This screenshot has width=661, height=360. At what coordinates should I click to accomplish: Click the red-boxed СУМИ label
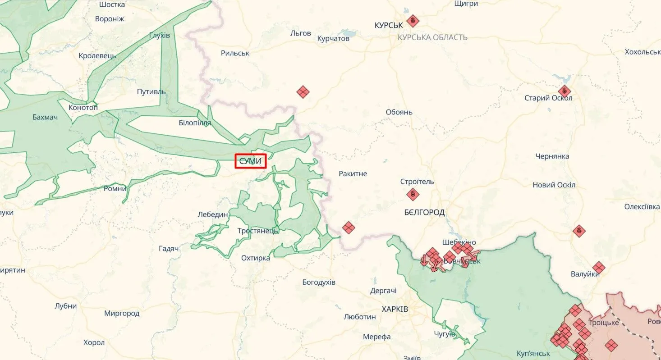point(251,161)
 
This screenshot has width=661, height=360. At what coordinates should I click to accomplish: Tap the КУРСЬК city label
point(389,26)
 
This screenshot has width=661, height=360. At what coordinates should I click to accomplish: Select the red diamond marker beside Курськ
point(413,21)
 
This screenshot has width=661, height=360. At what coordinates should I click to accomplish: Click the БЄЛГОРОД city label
point(424,212)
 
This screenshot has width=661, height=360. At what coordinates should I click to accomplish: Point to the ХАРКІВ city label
point(395,310)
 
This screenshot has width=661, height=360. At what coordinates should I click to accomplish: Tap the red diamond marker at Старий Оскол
point(564,91)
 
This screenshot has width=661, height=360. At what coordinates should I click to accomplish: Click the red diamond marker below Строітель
point(413,195)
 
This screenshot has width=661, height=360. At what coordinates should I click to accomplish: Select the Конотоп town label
point(83,108)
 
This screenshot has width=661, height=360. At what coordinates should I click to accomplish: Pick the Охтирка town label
point(256,258)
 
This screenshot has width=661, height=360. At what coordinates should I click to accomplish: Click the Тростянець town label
point(258,231)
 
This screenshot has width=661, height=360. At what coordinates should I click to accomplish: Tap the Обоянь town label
point(399,112)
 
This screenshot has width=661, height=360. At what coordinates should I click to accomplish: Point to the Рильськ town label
point(235,53)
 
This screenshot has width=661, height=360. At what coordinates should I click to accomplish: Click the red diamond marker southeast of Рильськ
point(303,92)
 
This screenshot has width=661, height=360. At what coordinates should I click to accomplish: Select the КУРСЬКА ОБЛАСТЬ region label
point(432,37)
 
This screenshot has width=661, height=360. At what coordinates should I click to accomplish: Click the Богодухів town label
point(319,283)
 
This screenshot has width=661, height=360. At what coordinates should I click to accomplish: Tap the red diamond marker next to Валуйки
point(598,268)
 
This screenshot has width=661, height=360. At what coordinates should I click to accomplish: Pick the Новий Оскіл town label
point(554,185)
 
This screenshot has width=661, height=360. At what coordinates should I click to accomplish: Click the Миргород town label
point(122,313)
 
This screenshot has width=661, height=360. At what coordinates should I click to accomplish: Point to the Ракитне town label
point(353,174)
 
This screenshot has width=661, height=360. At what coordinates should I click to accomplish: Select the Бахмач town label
point(45,118)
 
